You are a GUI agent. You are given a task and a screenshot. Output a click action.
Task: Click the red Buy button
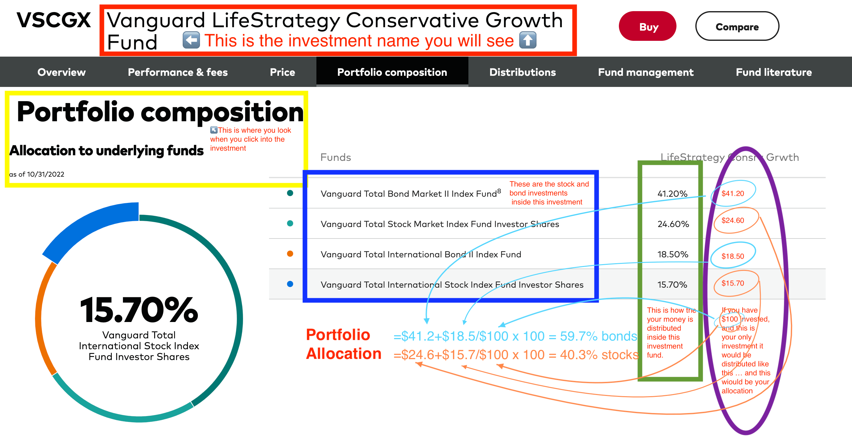(x=648, y=26)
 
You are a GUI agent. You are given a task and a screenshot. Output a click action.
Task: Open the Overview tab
(x=62, y=72)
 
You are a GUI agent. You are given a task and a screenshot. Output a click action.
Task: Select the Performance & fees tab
(x=178, y=72)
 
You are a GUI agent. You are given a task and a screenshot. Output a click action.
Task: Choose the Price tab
(x=282, y=72)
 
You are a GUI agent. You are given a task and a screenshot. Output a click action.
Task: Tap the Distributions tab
(x=523, y=72)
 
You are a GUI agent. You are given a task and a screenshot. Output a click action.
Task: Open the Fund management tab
(x=646, y=72)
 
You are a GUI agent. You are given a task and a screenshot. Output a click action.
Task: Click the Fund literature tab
(x=774, y=72)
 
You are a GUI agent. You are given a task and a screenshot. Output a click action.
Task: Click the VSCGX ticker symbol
(x=54, y=20)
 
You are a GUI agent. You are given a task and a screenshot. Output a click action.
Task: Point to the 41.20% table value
(x=672, y=194)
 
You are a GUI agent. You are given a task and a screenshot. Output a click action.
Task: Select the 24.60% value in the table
(x=673, y=224)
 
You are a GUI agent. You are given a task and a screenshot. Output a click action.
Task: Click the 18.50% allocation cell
(x=673, y=255)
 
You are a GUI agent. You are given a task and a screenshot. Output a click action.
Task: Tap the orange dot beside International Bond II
(x=290, y=254)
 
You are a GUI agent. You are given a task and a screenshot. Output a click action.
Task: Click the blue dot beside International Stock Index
(x=290, y=284)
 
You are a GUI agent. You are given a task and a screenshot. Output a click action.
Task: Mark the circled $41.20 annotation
(x=732, y=193)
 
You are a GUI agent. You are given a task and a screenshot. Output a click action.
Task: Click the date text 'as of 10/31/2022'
(x=37, y=174)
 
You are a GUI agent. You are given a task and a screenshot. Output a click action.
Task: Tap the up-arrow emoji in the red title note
(x=528, y=40)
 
